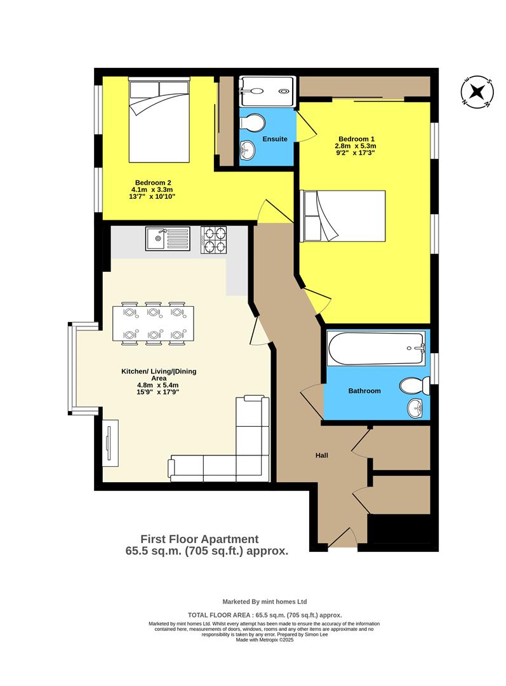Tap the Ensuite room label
(274, 138)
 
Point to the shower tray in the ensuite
(267, 92)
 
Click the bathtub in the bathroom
(376, 348)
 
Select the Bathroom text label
(364, 391)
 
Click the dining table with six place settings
(152, 324)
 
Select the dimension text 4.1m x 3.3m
(152, 189)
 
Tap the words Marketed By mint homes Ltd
(265, 601)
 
